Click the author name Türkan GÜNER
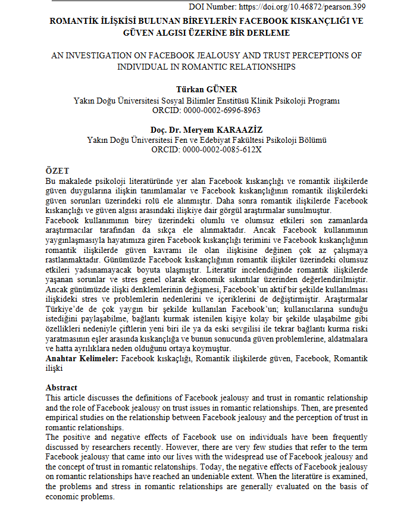(x=206, y=90)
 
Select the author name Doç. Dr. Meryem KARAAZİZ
(x=206, y=130)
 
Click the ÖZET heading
(x=58, y=171)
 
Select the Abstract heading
(x=61, y=387)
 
